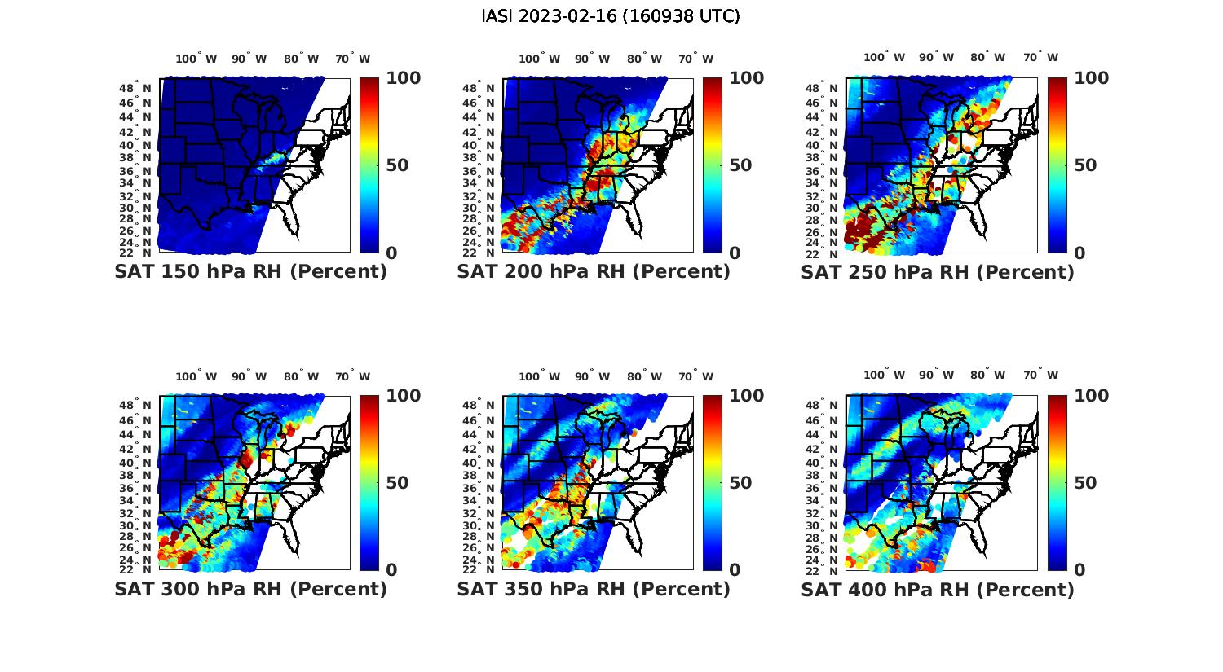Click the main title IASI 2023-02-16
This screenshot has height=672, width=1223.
click(x=611, y=16)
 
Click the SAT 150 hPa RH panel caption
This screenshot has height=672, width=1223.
click(x=250, y=272)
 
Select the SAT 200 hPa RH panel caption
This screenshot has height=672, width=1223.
click(x=594, y=272)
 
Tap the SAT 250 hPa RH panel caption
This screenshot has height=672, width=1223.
click(x=938, y=272)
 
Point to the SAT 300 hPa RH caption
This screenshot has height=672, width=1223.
click(x=250, y=589)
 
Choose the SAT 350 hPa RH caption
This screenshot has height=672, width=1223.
click(x=594, y=589)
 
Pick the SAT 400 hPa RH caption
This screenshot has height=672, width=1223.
click(x=938, y=589)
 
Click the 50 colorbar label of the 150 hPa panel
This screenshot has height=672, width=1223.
click(x=397, y=165)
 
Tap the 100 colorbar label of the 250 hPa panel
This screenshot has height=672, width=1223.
click(x=1091, y=78)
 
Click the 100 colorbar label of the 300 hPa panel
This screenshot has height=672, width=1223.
click(x=403, y=396)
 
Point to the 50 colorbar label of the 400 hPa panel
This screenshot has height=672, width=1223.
click(x=1084, y=483)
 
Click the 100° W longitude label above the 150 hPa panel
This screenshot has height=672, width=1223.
click(x=196, y=59)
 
